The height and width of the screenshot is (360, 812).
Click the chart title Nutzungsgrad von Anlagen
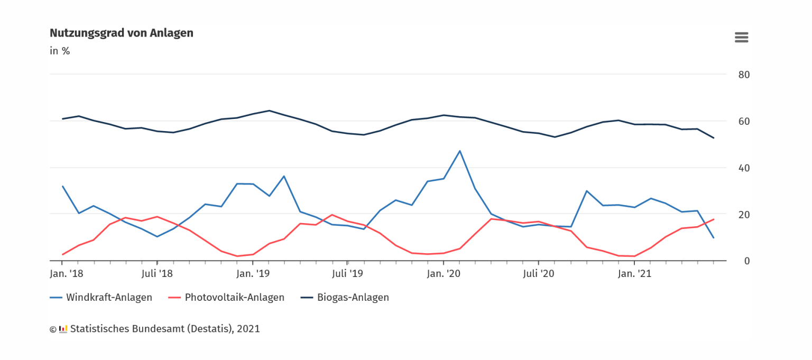click(122, 33)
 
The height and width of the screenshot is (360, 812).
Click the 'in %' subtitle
click(60, 51)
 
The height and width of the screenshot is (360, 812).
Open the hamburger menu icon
click(741, 38)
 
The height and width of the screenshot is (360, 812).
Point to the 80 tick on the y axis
click(744, 75)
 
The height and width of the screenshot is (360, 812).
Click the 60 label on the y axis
click(744, 121)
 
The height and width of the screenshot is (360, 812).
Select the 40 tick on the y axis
click(744, 168)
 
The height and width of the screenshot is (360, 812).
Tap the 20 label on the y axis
click(744, 215)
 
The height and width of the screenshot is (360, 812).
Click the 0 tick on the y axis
click(746, 261)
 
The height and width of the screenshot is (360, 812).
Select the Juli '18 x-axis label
click(157, 274)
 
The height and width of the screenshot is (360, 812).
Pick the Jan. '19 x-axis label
click(253, 274)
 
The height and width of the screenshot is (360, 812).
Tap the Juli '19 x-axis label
click(347, 274)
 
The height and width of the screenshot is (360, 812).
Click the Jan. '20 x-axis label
click(443, 274)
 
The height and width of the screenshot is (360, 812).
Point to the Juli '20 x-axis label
click(538, 274)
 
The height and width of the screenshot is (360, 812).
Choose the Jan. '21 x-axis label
click(634, 274)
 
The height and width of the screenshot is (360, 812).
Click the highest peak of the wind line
click(459, 151)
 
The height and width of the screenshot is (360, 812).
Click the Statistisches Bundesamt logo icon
click(63, 329)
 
